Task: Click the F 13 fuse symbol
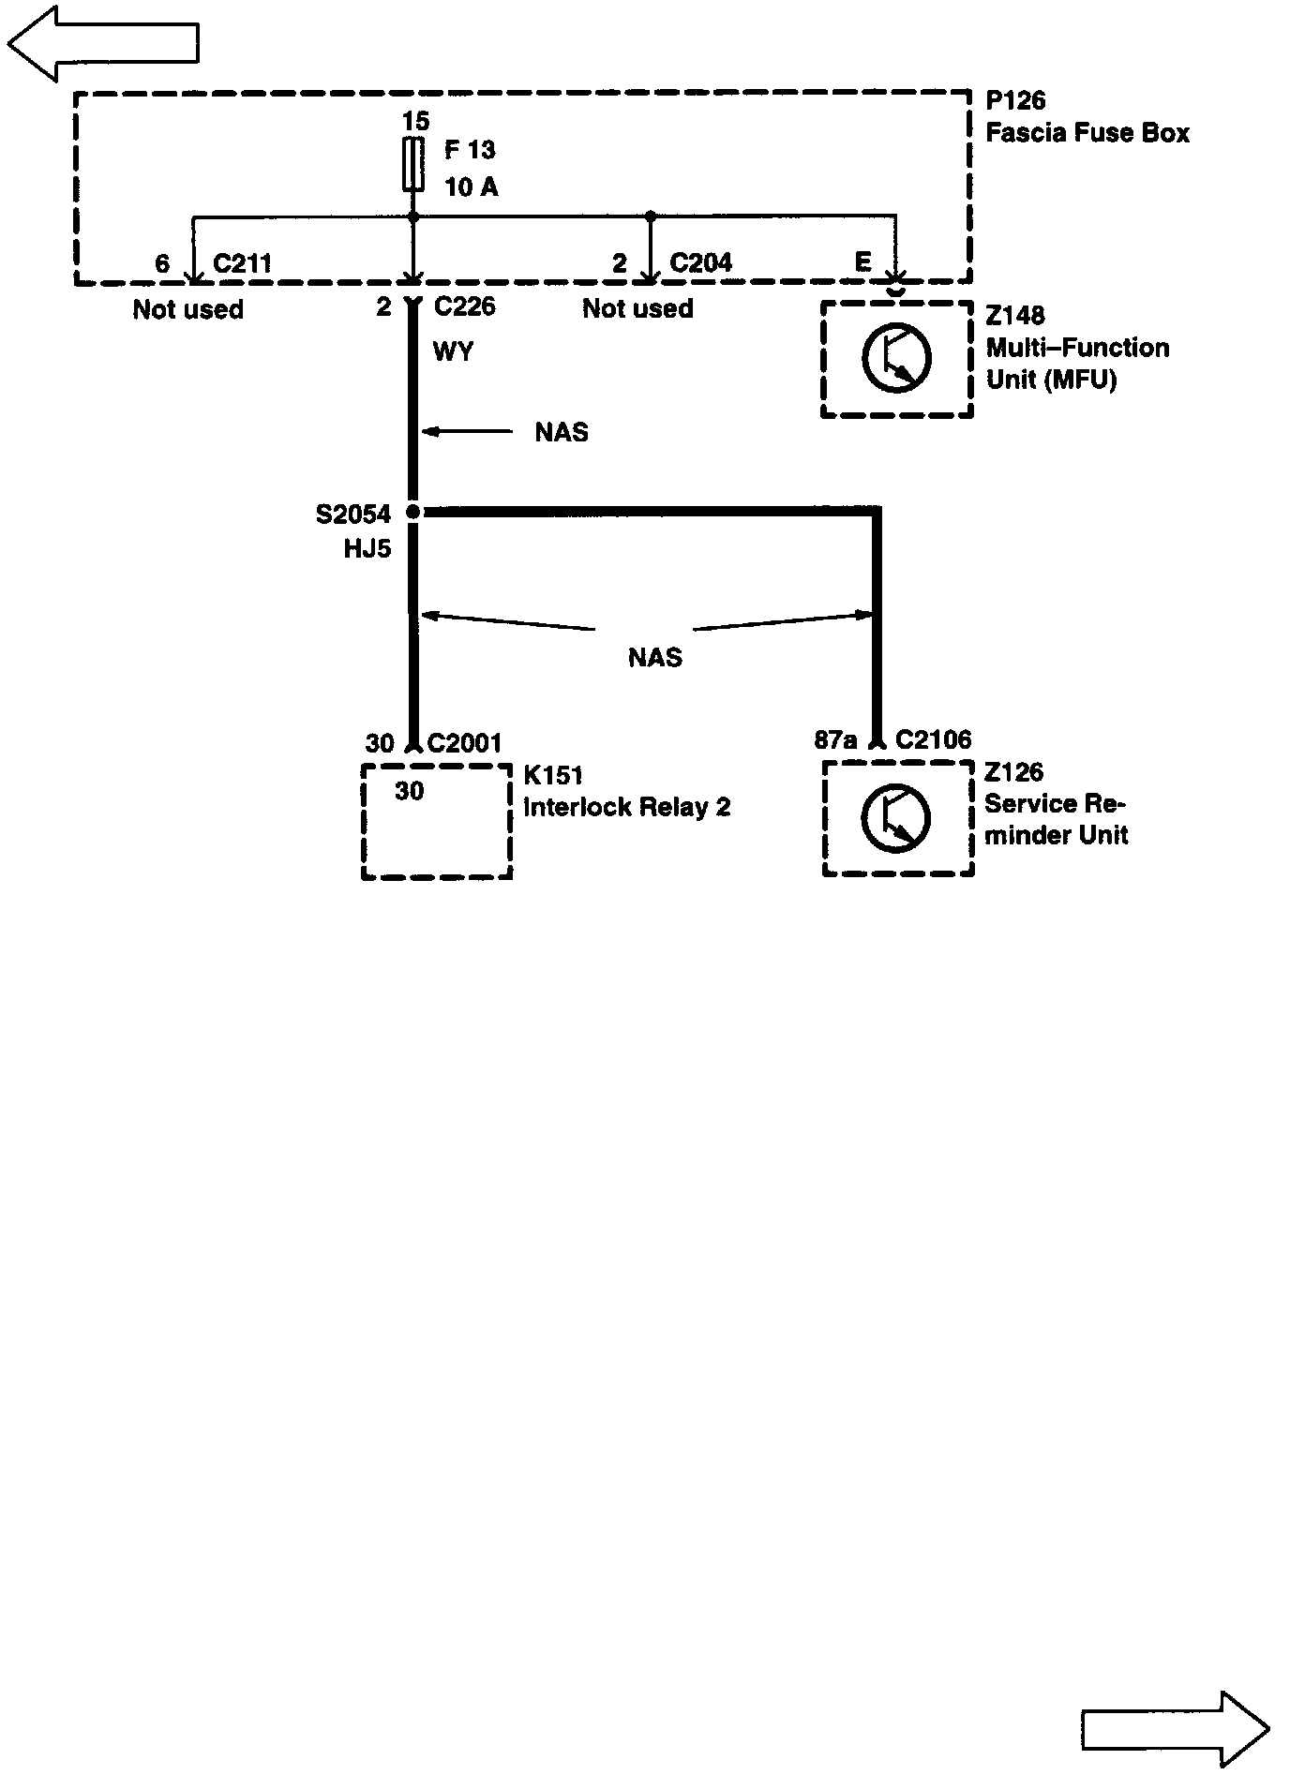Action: (x=412, y=165)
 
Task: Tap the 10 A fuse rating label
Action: (x=471, y=187)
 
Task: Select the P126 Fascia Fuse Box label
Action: (x=1087, y=117)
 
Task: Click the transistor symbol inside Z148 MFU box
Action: (x=896, y=358)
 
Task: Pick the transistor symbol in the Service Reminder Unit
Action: (x=896, y=818)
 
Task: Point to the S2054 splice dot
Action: (x=412, y=513)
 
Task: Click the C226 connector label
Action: (x=464, y=306)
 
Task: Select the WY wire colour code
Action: (x=453, y=351)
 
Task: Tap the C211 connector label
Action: (x=242, y=263)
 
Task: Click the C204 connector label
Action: (x=700, y=262)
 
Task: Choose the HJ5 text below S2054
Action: (x=367, y=548)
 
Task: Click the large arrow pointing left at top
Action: (x=103, y=42)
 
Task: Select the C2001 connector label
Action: (x=465, y=743)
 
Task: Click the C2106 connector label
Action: (x=933, y=740)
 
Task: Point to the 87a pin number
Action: (x=835, y=740)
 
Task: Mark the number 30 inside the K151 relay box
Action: (x=409, y=792)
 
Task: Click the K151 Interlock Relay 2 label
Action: (x=626, y=792)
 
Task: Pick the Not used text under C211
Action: (x=187, y=309)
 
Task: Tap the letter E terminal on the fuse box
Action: (x=863, y=262)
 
